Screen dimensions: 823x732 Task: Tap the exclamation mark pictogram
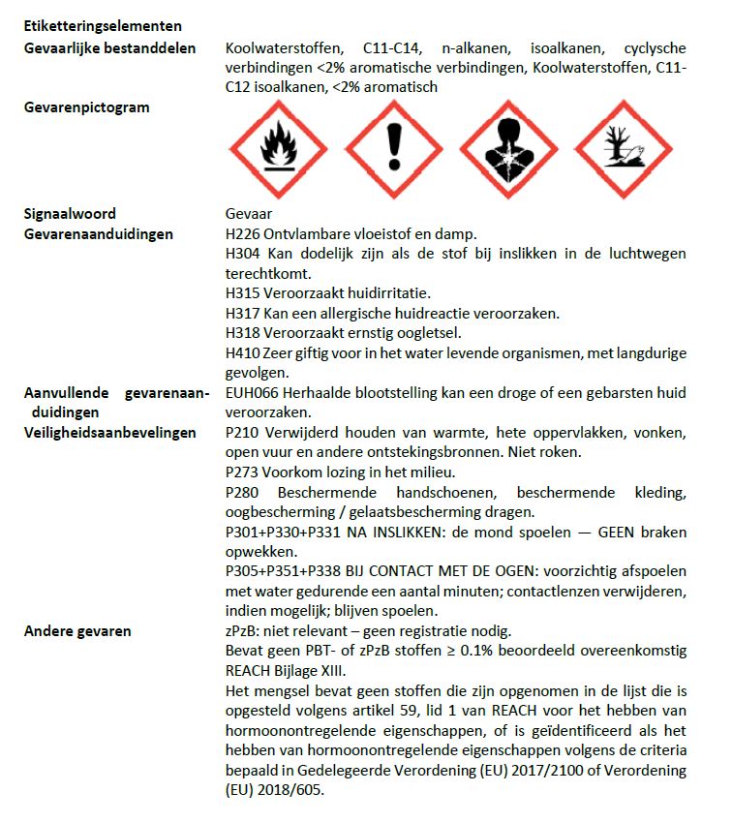coord(393,150)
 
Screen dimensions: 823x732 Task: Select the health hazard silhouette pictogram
coord(507,150)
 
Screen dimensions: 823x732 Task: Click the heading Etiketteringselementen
coord(103,26)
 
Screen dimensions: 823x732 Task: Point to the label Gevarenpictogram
coord(87,107)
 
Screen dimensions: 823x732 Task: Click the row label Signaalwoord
coord(70,214)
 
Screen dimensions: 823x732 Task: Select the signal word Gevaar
coord(248,214)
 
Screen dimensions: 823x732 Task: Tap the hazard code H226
coord(241,233)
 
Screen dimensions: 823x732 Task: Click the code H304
coord(241,254)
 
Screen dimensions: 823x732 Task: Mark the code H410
coord(241,352)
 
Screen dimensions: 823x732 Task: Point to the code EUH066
coord(250,392)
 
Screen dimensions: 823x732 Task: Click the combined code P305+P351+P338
coord(286,572)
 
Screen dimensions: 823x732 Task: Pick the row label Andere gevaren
coord(77,631)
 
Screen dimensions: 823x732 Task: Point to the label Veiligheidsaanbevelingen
coord(110,433)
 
